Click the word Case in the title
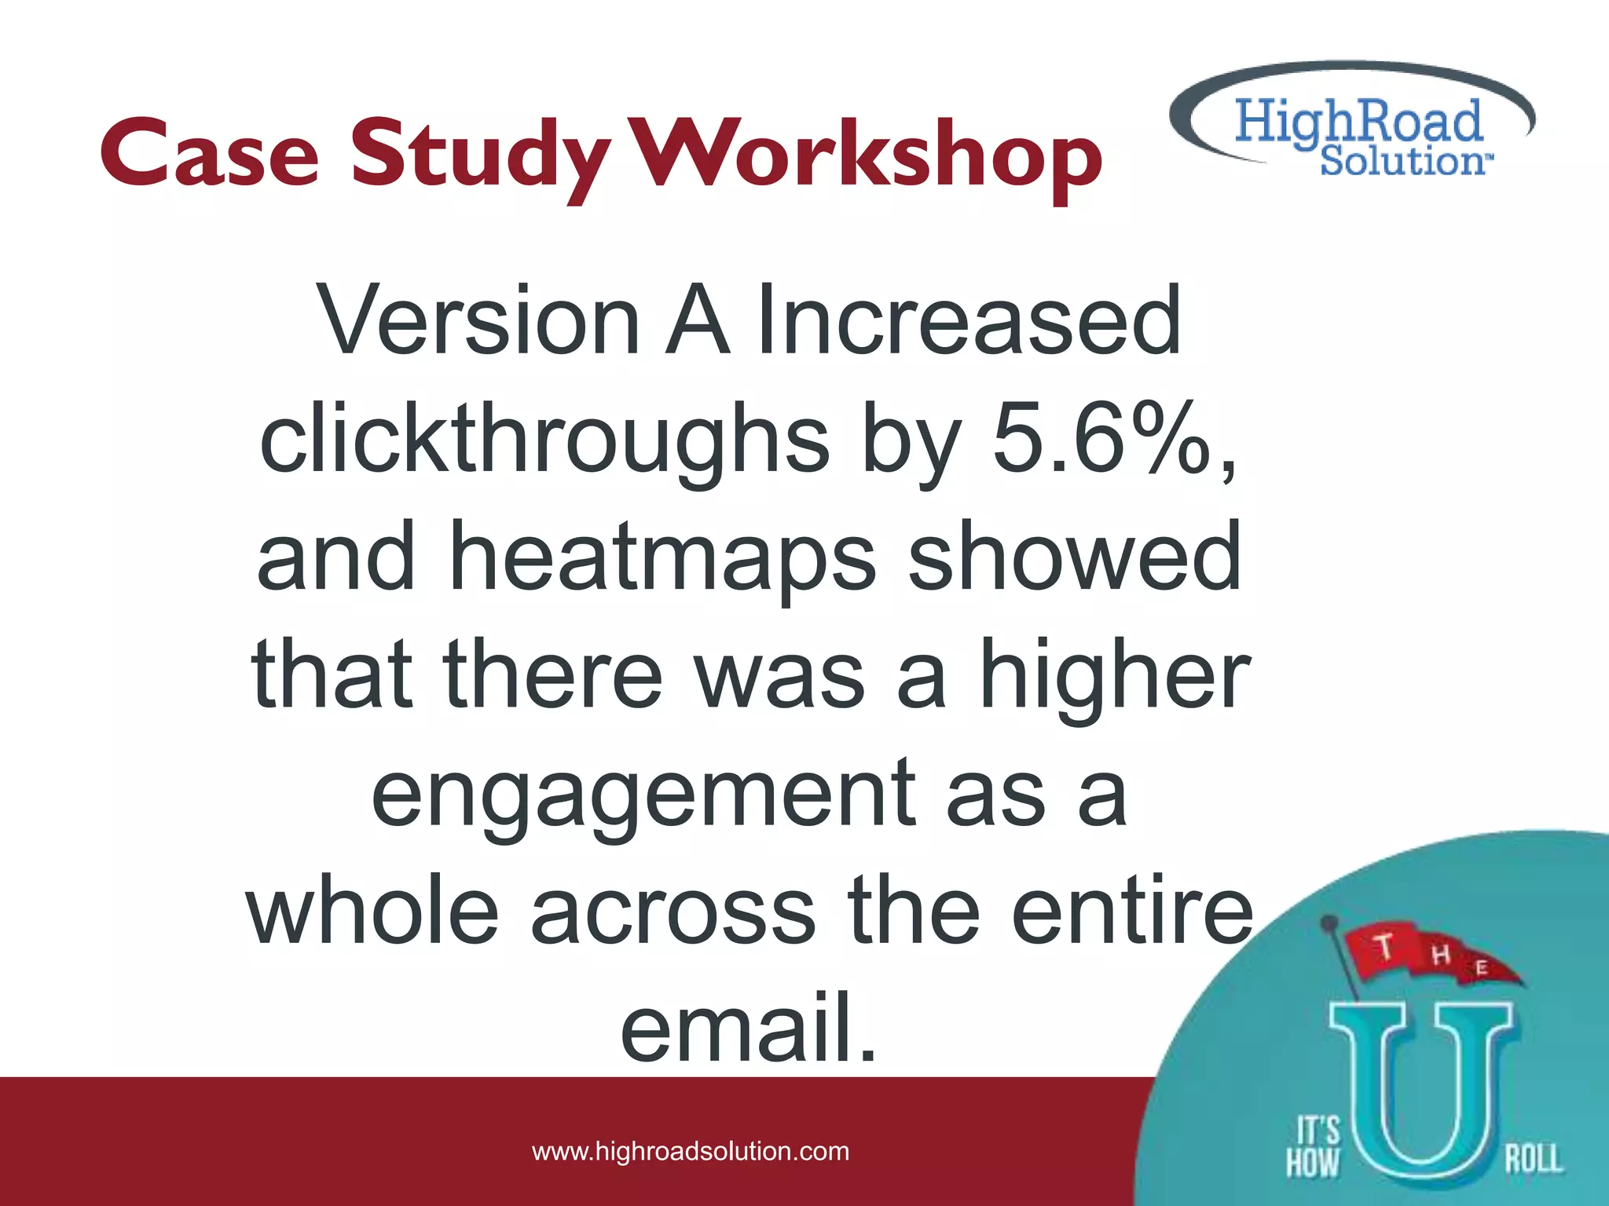(x=210, y=153)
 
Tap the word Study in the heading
(x=480, y=157)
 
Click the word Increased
(x=969, y=320)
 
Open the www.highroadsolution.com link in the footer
(x=691, y=1151)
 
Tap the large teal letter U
(x=1420, y=1091)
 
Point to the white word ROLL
(x=1533, y=1159)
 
